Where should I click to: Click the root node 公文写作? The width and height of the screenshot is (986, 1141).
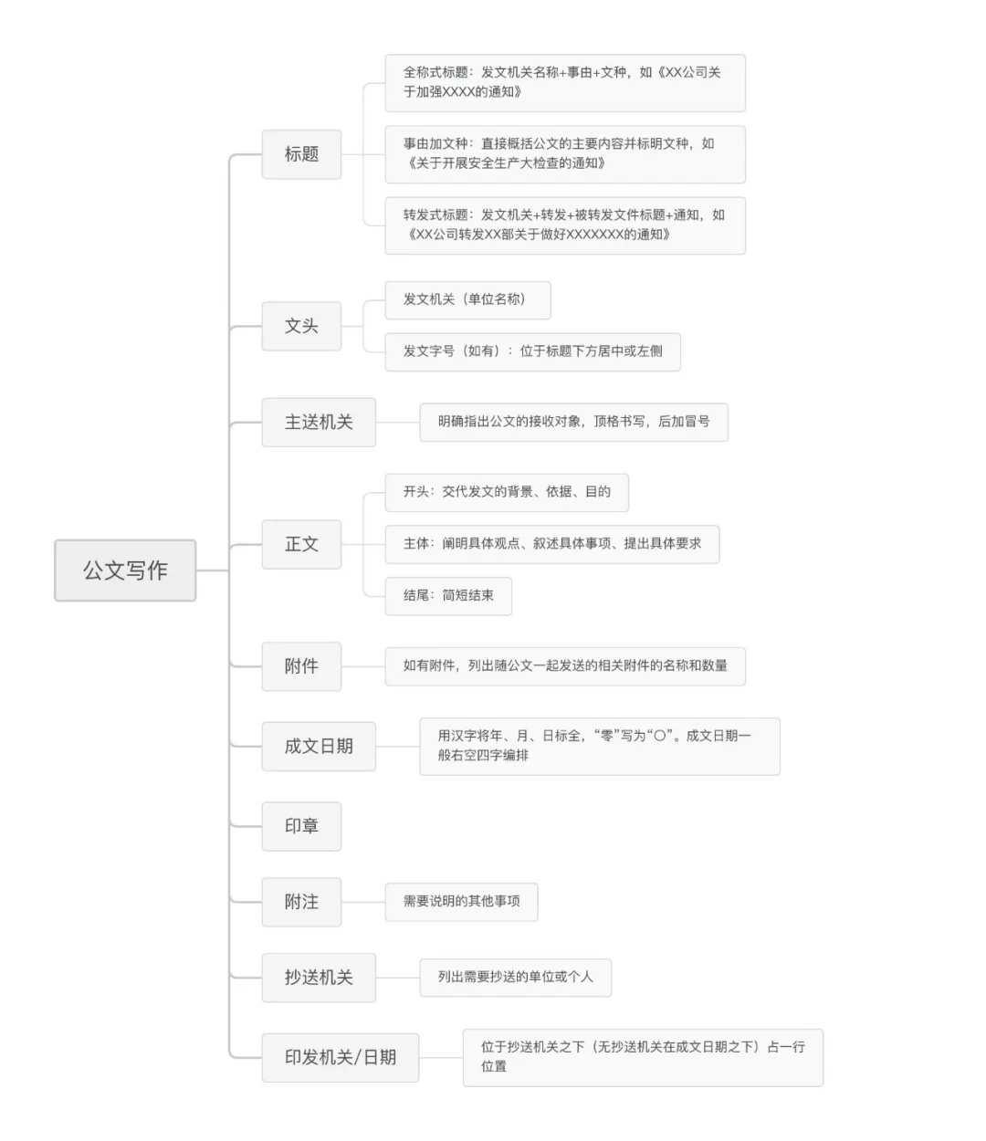pyautogui.click(x=125, y=570)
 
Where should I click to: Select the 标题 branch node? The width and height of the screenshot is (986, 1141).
pyautogui.click(x=301, y=154)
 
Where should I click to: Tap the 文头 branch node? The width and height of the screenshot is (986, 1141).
pyautogui.click(x=301, y=326)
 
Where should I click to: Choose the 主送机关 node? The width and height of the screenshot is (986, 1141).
pyautogui.click(x=319, y=423)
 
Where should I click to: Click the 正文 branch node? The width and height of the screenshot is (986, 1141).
pyautogui.click(x=301, y=544)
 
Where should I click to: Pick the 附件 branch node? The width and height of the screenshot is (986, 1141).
pyautogui.click(x=301, y=666)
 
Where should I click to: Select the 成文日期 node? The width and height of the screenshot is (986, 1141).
pyautogui.click(x=319, y=747)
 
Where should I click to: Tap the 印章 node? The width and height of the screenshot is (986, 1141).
pyautogui.click(x=301, y=826)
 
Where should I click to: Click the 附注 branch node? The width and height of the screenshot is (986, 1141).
pyautogui.click(x=301, y=902)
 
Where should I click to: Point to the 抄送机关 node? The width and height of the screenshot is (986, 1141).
pyautogui.click(x=319, y=978)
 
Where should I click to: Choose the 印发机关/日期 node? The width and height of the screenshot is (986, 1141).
pyautogui.click(x=340, y=1058)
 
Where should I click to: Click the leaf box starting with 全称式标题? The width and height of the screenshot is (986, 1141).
pyautogui.click(x=564, y=82)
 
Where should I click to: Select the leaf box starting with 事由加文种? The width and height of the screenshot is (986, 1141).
pyautogui.click(x=564, y=153)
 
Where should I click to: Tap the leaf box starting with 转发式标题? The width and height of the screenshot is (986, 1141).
pyautogui.click(x=564, y=225)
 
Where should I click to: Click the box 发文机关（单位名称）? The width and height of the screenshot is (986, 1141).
pyautogui.click(x=467, y=299)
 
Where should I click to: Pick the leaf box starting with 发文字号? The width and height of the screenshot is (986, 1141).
pyautogui.click(x=532, y=351)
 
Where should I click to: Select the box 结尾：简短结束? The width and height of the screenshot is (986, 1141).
pyautogui.click(x=447, y=596)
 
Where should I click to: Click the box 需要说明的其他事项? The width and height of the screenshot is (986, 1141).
pyautogui.click(x=461, y=902)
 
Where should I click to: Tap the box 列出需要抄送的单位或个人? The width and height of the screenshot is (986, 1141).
pyautogui.click(x=515, y=978)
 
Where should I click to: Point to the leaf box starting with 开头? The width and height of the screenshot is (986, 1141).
pyautogui.click(x=507, y=492)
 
